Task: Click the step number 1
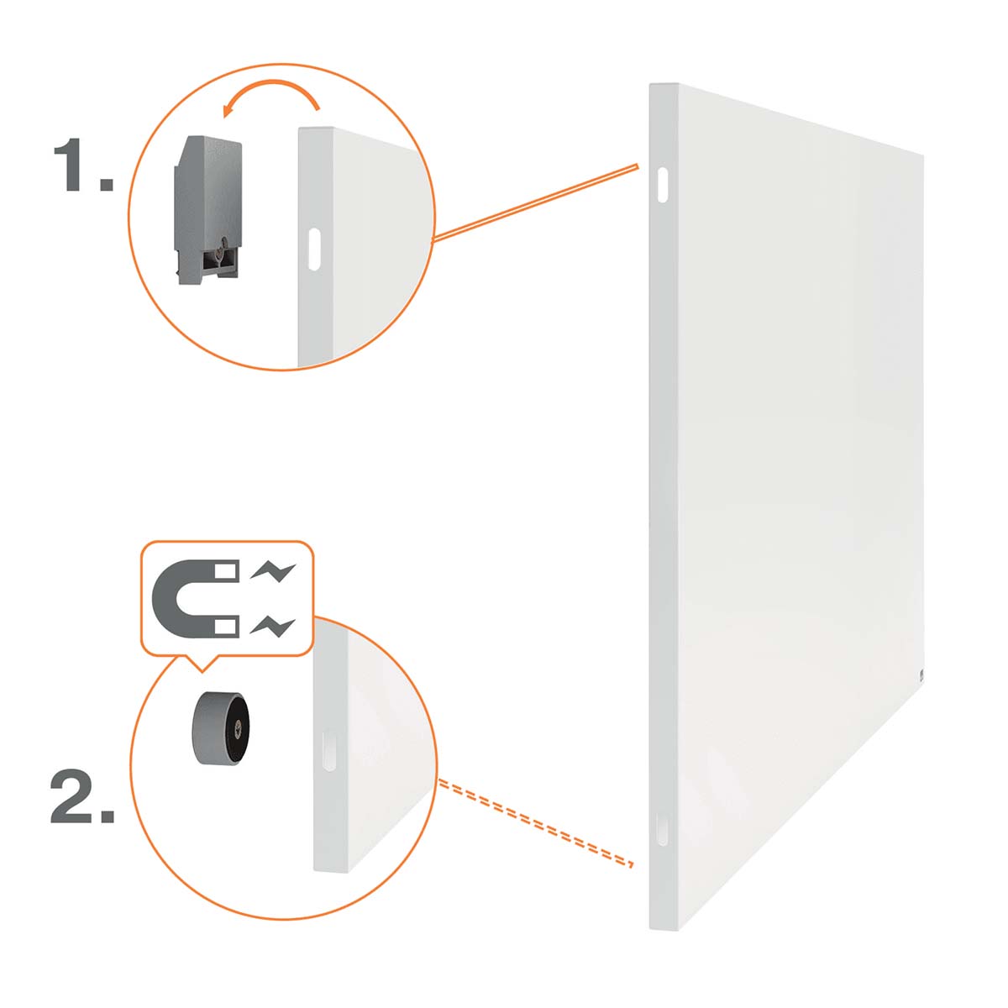click(84, 165)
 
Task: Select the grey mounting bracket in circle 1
click(207, 210)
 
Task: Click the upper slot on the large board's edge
click(662, 185)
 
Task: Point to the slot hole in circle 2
click(328, 751)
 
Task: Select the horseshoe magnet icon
click(196, 600)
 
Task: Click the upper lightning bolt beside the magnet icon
click(272, 572)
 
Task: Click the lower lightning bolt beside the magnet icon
click(272, 627)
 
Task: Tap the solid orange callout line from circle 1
click(534, 203)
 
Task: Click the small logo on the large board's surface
click(921, 675)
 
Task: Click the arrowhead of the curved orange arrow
click(229, 110)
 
